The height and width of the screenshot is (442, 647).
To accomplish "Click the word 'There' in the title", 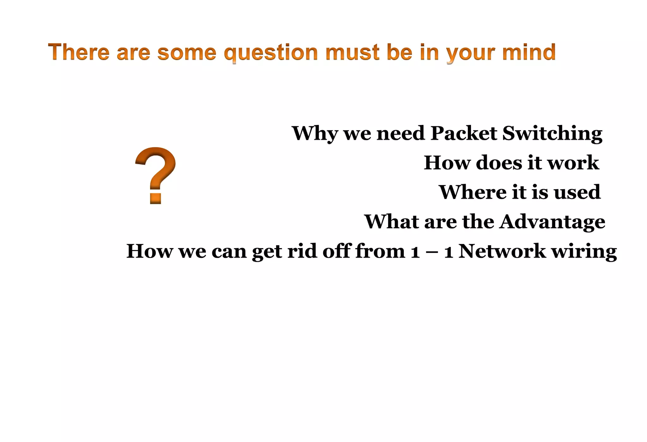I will pos(79,52).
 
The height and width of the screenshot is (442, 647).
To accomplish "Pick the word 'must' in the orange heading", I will pos(352,52).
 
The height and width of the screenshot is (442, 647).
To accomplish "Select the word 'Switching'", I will pos(552,134).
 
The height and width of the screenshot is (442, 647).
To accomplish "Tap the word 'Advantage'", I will pos(552,222).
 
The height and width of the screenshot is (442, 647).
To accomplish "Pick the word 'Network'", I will pos(502,251).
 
